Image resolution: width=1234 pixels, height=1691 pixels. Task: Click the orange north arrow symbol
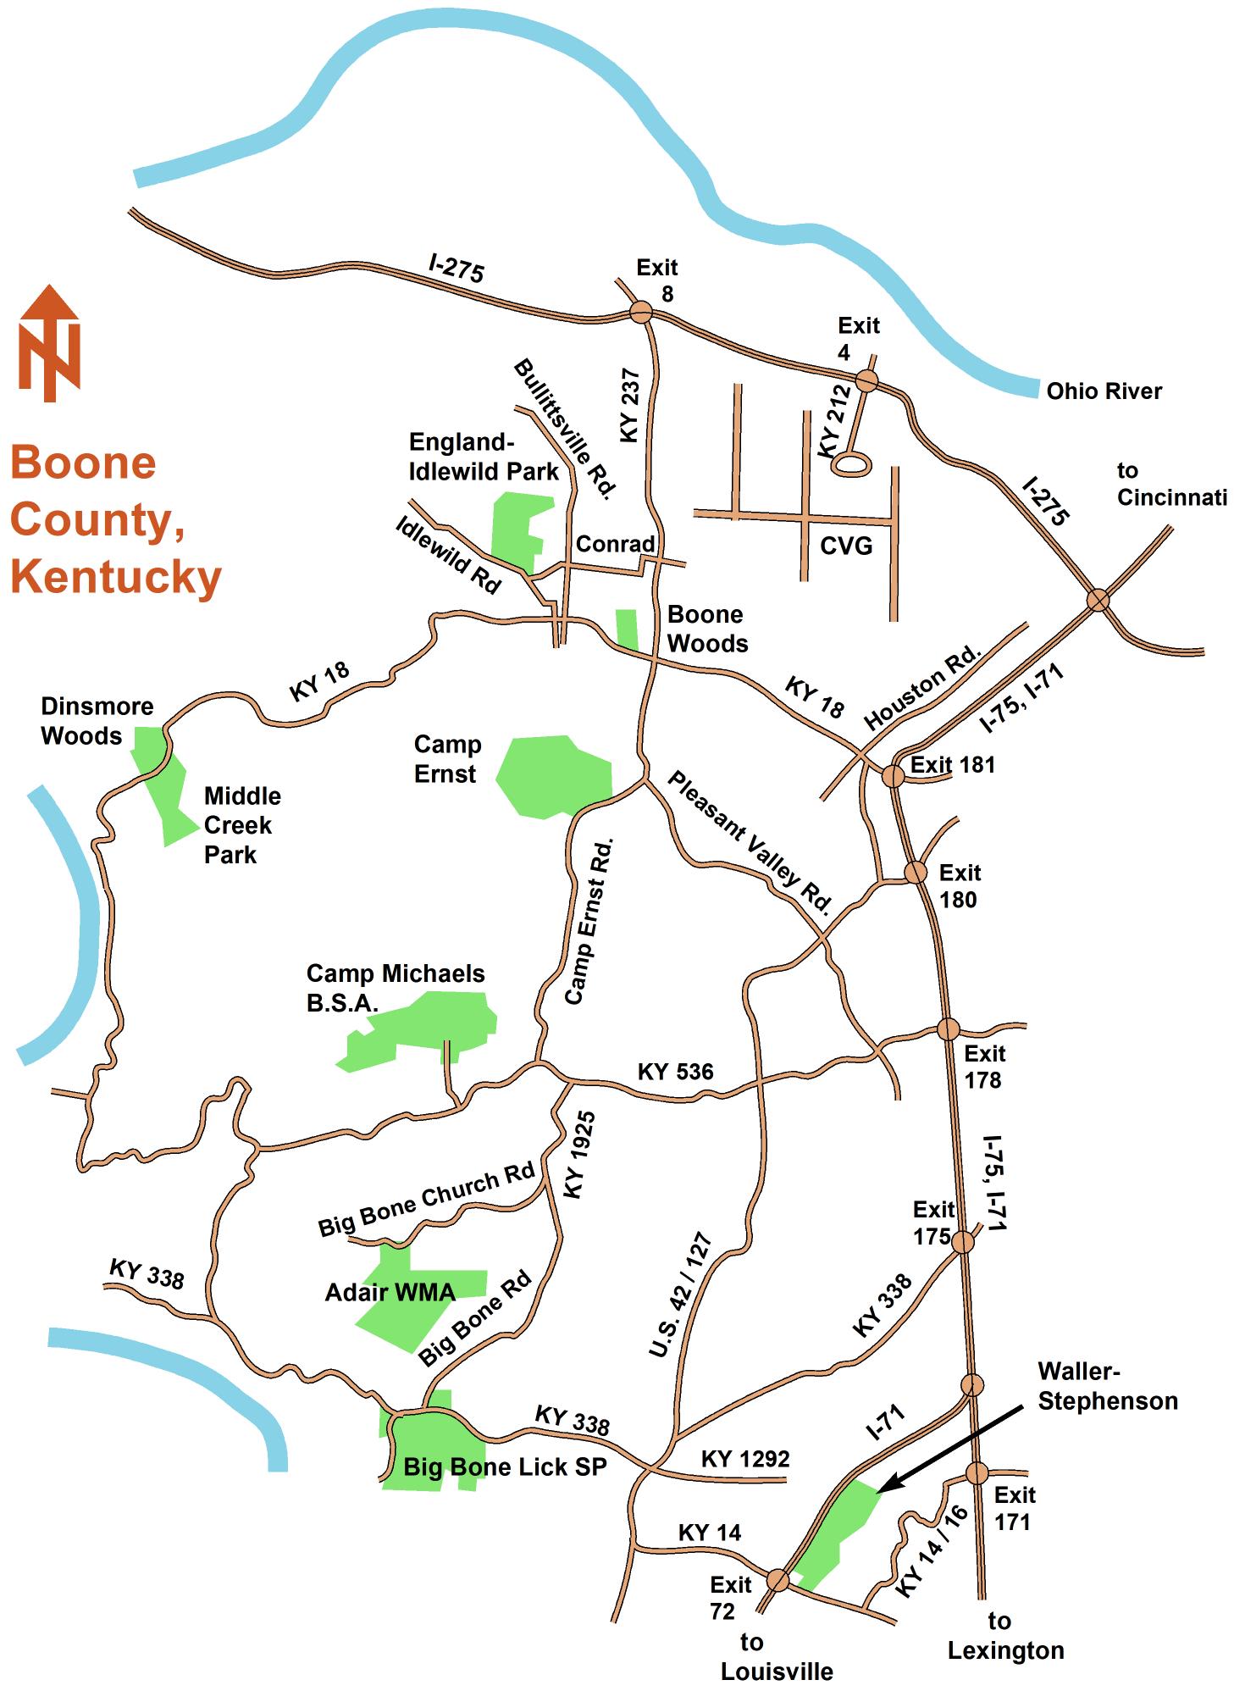point(50,343)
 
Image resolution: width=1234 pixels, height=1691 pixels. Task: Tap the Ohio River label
point(1104,391)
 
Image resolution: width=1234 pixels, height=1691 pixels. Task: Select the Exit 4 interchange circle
point(866,380)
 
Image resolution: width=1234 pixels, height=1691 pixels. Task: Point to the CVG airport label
point(846,546)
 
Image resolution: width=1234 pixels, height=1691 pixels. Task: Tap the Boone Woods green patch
point(627,629)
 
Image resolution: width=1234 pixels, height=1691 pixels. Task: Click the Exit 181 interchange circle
point(893,775)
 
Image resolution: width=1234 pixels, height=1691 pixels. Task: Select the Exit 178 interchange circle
point(948,1029)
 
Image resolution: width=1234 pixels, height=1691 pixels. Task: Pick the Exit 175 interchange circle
point(963,1242)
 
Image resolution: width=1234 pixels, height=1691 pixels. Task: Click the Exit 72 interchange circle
point(778,1580)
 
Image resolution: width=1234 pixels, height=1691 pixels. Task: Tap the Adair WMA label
point(390,1293)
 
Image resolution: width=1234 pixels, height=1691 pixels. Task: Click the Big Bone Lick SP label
point(505,1467)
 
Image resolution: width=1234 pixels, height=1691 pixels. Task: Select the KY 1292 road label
point(745,1459)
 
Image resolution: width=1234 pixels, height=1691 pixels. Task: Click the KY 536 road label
point(675,1072)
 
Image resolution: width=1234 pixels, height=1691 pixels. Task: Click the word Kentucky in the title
point(116,578)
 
